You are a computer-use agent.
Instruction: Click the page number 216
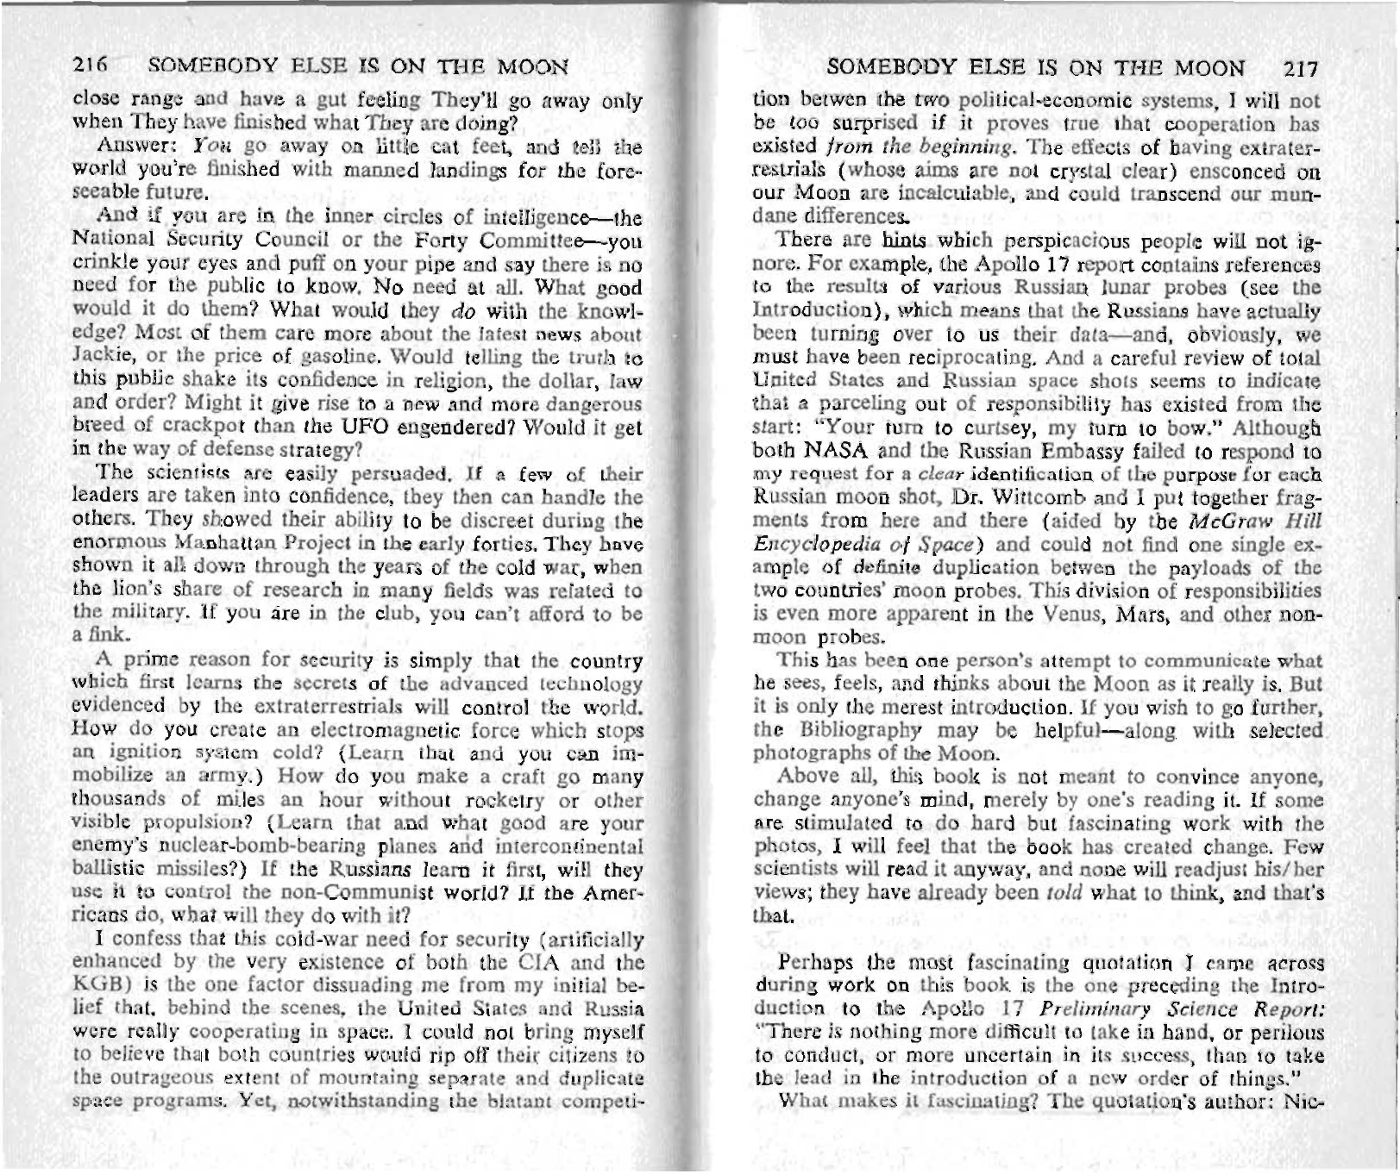point(89,66)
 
